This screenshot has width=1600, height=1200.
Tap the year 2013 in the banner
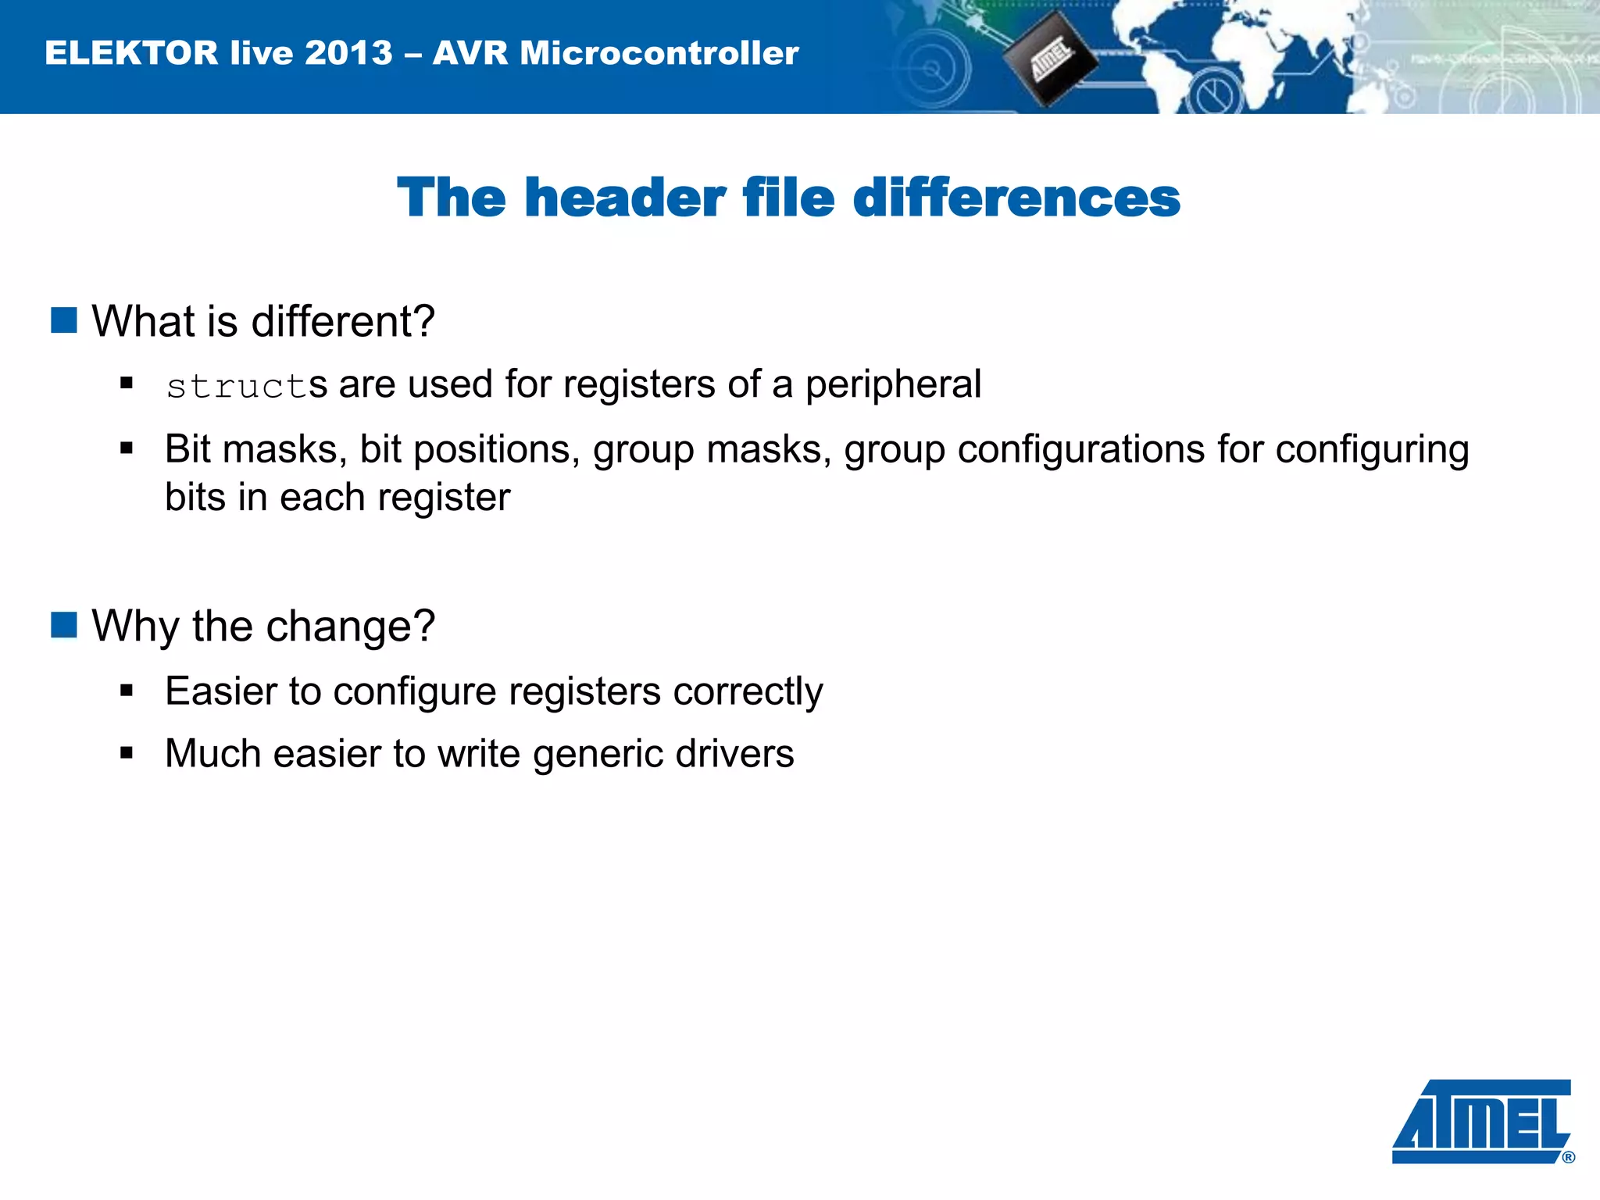point(348,53)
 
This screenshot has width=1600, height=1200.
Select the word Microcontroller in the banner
point(659,53)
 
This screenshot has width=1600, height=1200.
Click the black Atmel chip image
point(1049,59)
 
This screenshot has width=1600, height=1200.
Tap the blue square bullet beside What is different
point(64,320)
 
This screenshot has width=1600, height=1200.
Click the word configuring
point(1372,451)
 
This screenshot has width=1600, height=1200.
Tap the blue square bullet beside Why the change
point(64,625)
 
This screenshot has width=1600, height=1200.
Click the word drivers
point(734,754)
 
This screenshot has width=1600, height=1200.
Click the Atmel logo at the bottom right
point(1481,1120)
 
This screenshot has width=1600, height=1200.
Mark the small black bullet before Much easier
point(127,753)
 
